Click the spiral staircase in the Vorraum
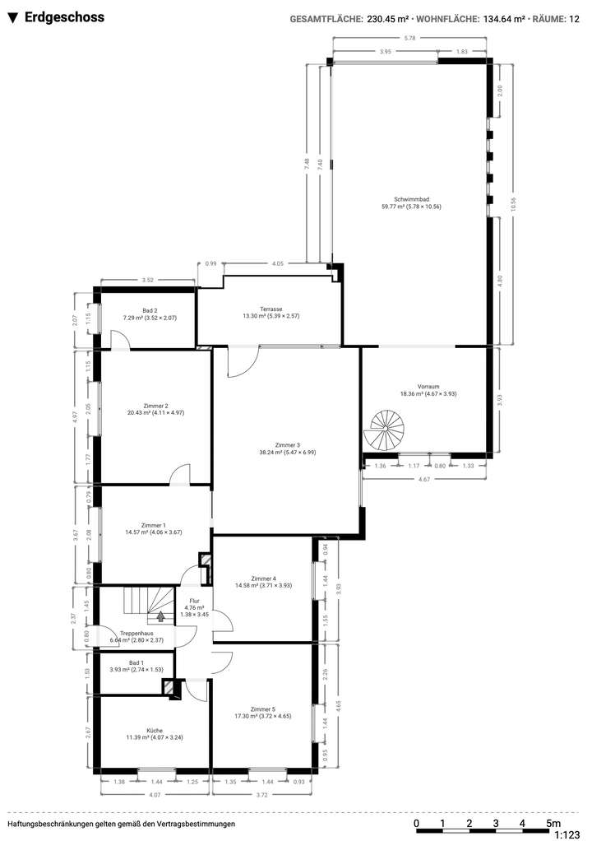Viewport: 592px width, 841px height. (382, 431)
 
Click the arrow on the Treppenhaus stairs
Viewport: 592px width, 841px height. (160, 615)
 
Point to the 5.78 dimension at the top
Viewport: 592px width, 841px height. (409, 39)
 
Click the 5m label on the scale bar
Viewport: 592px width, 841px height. (554, 823)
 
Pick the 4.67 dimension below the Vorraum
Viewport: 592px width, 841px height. (423, 478)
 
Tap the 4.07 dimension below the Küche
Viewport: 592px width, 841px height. (154, 794)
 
